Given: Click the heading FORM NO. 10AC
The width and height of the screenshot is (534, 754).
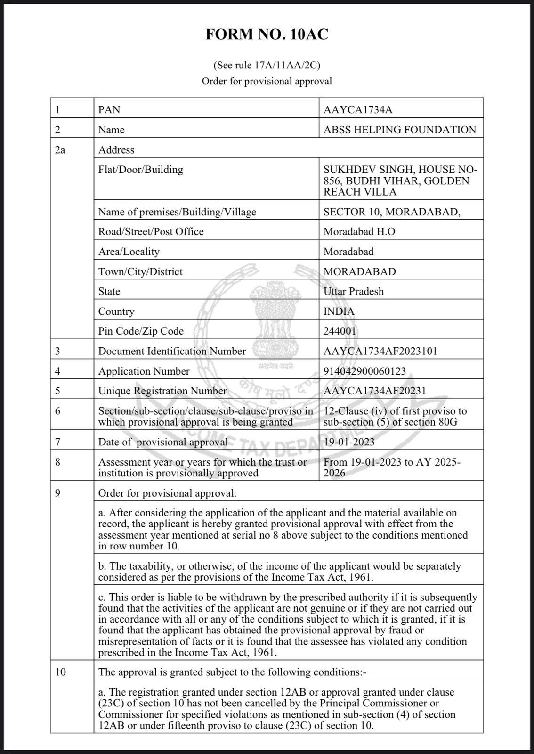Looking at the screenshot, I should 267,34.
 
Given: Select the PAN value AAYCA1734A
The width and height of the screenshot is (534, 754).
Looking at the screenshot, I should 358,110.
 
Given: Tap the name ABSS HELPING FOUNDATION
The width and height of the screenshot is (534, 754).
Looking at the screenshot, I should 400,130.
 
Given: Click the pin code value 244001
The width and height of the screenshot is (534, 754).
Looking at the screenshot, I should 340,331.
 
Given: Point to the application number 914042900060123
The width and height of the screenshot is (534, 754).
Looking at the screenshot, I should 364,371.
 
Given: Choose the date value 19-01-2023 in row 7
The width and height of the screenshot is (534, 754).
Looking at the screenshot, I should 349,442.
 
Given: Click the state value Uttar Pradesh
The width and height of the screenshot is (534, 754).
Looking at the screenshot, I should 353,291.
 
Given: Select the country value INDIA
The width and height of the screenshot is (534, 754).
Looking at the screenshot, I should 339,311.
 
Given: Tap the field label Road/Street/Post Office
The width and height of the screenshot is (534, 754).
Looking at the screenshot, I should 151,231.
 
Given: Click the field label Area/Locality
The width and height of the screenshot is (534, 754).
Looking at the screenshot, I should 129,252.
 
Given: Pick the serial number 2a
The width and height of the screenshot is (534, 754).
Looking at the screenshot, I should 60,150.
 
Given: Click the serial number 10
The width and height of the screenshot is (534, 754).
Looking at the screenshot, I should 60,672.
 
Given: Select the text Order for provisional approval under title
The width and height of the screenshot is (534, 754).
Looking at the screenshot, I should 267,81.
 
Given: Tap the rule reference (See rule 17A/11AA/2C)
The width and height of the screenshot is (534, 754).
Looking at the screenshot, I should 267,65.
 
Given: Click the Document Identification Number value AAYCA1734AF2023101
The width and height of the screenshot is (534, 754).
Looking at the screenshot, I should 380,351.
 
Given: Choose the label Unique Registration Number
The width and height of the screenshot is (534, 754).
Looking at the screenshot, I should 162,391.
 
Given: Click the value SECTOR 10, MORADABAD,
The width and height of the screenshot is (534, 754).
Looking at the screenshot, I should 392,212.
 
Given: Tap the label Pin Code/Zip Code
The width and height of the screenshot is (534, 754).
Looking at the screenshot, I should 141,331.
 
